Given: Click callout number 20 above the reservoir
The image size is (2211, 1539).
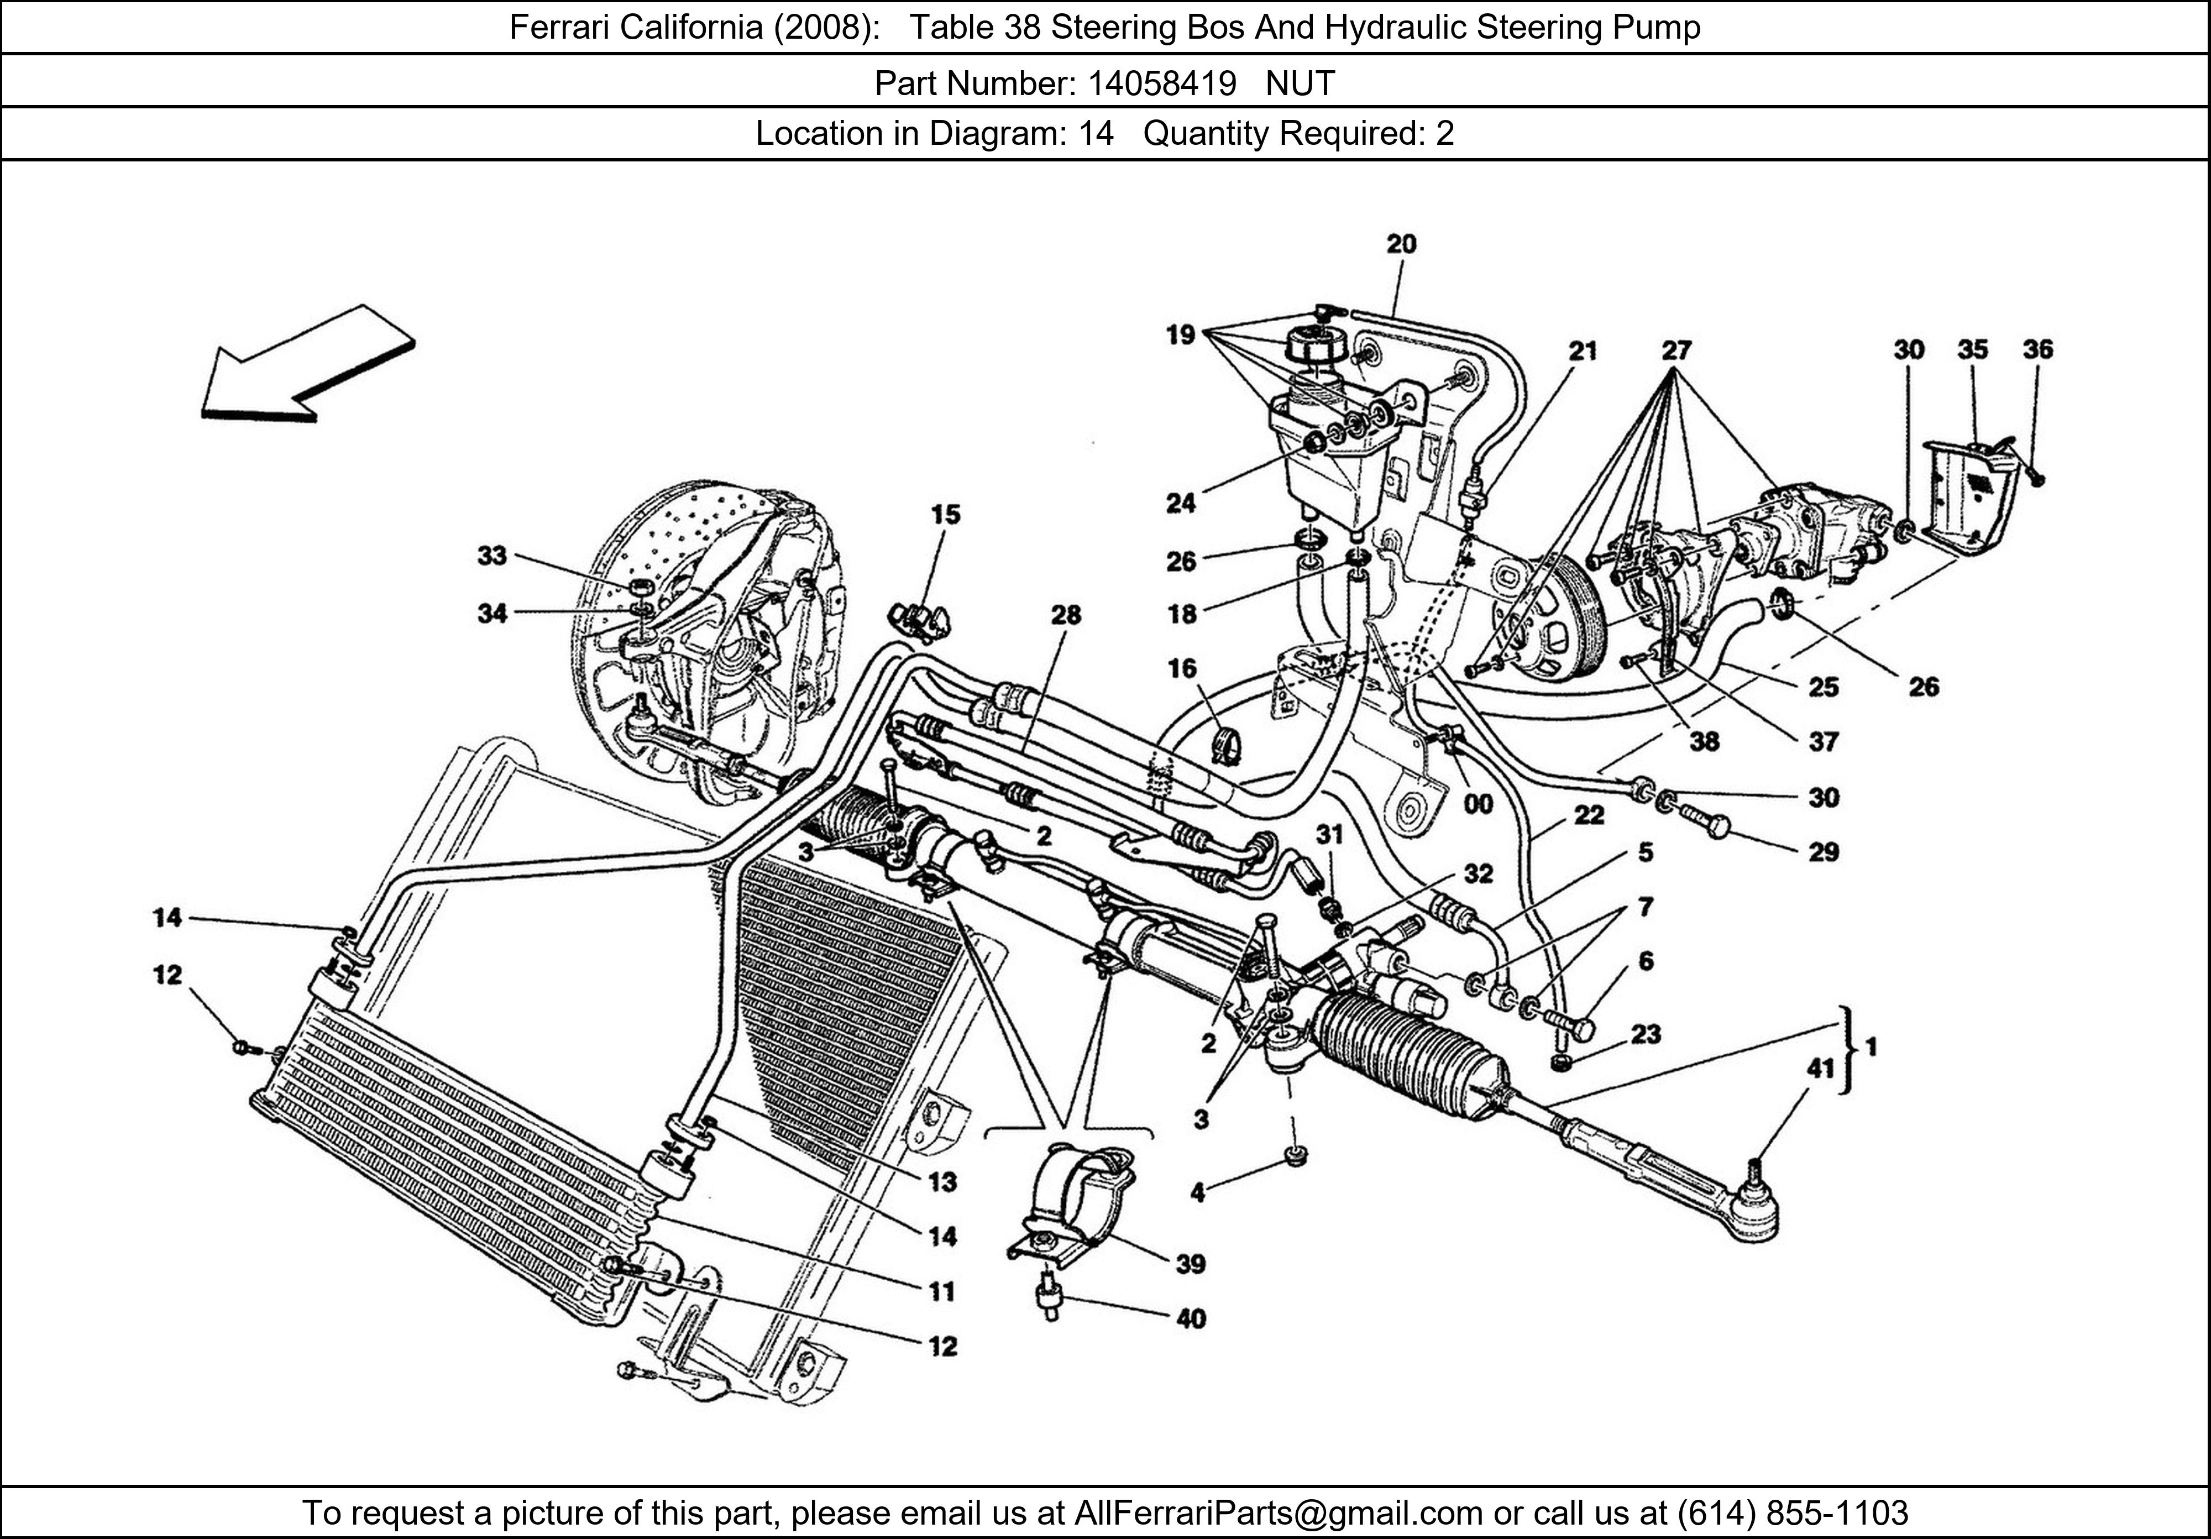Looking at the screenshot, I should (1401, 245).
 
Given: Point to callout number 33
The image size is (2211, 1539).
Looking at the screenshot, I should (492, 556).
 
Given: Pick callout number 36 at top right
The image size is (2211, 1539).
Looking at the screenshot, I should (2037, 349).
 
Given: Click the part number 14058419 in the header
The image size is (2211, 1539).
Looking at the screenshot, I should (1161, 85).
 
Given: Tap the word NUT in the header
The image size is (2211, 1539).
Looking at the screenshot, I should (1300, 85).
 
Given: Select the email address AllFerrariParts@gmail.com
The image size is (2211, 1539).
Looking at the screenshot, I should (1278, 1513).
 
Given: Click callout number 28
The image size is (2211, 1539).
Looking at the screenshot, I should (1066, 615).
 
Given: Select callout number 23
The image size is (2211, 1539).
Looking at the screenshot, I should (1646, 1034).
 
